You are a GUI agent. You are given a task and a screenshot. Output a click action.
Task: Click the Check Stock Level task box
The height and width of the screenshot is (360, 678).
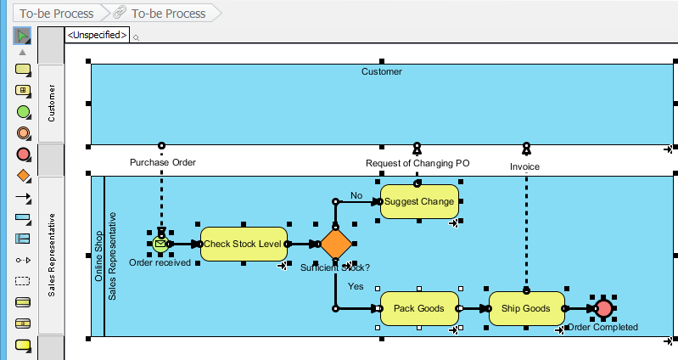244,244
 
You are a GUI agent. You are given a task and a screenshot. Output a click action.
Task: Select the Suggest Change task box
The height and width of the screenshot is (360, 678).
419,202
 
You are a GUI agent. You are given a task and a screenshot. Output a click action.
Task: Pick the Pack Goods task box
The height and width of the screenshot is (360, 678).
419,308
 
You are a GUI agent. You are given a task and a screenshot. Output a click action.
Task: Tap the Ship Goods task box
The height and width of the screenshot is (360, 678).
526,308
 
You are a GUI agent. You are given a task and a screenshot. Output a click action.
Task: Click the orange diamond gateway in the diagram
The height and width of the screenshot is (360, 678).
336,244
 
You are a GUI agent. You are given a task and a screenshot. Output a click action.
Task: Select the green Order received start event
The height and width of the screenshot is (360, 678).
160,244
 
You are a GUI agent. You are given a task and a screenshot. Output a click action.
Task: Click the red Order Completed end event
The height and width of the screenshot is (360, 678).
603,308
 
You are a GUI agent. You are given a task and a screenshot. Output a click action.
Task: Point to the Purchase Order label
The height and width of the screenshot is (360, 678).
162,162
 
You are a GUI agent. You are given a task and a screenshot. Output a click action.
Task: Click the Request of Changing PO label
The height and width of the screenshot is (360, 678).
417,163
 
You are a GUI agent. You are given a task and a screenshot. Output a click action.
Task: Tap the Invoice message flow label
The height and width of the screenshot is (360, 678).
525,166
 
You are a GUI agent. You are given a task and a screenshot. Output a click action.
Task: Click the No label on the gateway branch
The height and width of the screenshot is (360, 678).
356,195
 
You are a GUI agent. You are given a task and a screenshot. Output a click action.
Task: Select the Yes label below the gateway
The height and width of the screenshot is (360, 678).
356,286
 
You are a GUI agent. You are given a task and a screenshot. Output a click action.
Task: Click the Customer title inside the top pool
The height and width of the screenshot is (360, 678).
382,72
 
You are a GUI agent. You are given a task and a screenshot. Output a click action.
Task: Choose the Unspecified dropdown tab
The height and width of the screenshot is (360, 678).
98,35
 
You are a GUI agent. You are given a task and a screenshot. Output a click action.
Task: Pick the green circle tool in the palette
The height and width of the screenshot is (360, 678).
23,111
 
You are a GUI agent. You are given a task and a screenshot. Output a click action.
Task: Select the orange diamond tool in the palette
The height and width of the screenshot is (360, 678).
23,176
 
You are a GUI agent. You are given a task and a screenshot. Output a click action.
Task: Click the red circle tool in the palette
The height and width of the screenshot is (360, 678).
23,154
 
